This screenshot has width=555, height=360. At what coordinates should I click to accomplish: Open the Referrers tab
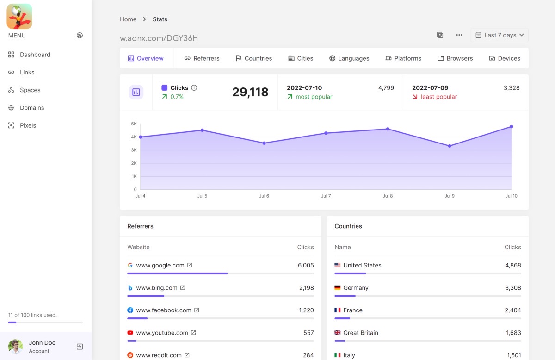pos(202,58)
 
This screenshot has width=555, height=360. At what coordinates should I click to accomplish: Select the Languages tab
pos(349,58)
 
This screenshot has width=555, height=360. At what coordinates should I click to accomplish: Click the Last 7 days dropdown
pos(499,35)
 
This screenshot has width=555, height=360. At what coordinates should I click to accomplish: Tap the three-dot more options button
pos(459,35)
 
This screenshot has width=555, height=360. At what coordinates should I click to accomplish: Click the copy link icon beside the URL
pos(440,35)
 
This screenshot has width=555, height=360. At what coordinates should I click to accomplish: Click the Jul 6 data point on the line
pos(264,143)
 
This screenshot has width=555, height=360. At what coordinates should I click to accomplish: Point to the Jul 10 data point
pos(512,127)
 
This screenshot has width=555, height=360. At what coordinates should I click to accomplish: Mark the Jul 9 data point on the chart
pos(450,146)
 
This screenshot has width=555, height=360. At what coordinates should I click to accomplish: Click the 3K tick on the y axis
pos(134,150)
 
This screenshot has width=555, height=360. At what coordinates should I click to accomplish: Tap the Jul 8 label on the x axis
pos(388,196)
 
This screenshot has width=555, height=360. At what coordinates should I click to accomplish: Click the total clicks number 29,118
pos(250,92)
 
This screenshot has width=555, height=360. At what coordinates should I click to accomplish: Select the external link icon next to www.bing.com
pos(183,288)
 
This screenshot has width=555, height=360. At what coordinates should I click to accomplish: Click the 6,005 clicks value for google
pos(306,265)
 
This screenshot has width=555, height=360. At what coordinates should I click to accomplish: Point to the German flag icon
pos(338,288)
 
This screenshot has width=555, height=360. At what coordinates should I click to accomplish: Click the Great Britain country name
pos(361,333)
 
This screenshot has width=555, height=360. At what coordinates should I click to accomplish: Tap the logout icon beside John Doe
pos(80,347)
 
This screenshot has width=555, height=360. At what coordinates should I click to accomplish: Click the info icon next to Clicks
pos(194,88)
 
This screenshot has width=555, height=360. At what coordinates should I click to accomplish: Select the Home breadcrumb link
pos(128,19)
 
